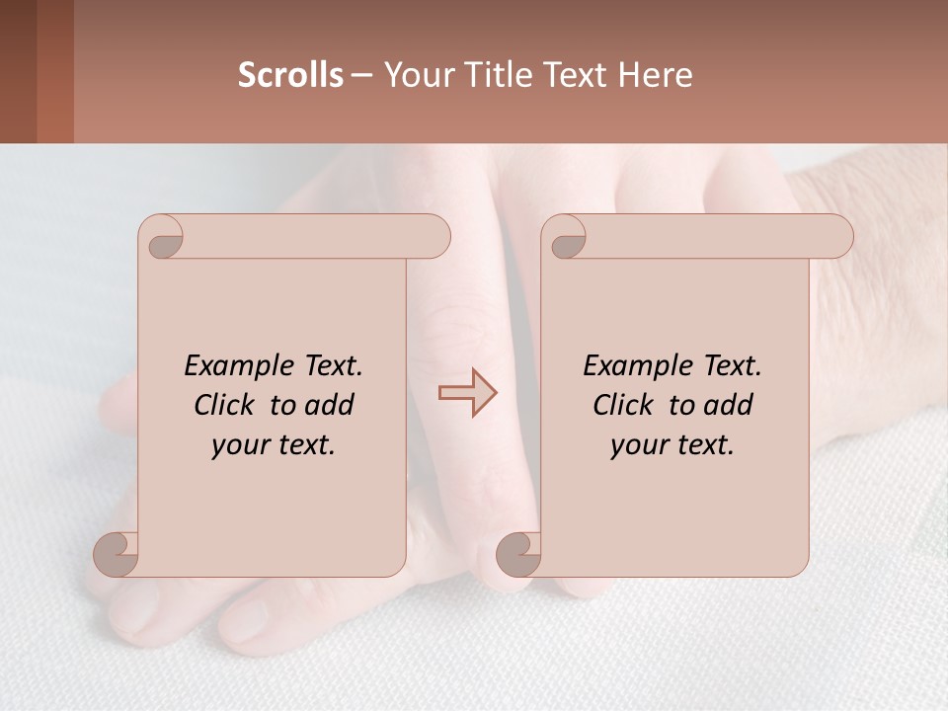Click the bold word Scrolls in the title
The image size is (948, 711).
click(290, 75)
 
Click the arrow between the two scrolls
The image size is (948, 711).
click(467, 393)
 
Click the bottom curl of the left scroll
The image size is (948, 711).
click(117, 553)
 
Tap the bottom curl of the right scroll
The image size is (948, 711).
click(518, 553)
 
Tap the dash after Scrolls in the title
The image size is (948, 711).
click(361, 75)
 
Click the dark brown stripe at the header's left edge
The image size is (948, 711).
click(18, 71)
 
